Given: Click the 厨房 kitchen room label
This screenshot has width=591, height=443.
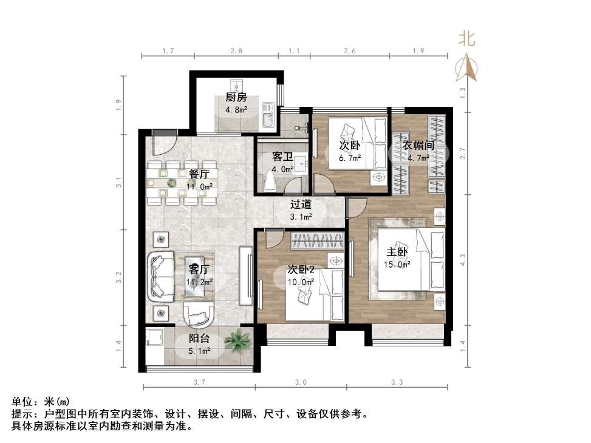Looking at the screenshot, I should click(236, 98).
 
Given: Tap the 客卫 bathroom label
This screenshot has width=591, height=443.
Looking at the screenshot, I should click(282, 157).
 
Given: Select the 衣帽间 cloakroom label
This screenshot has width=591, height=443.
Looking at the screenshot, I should click(418, 146).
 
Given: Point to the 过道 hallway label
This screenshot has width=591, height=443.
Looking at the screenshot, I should click(301, 205).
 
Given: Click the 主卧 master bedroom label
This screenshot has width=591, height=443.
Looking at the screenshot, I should click(397, 251).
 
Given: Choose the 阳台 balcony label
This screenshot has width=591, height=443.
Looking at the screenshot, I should click(199, 339).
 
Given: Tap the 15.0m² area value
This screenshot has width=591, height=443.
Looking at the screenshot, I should click(397, 264).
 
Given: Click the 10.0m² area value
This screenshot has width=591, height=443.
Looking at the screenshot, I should click(301, 282).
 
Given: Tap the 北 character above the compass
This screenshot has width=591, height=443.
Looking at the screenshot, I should click(466, 39).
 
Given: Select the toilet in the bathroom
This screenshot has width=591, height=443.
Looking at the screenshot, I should click(272, 180).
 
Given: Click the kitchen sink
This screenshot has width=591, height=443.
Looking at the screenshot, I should click(266, 115).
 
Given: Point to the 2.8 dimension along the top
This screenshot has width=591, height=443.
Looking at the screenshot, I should click(237, 51).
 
